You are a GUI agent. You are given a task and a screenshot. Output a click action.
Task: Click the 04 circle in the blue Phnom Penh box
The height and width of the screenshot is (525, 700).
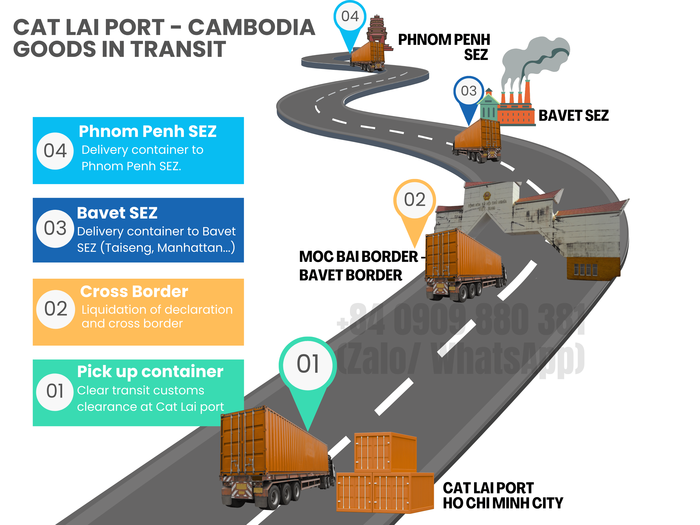point(55,151)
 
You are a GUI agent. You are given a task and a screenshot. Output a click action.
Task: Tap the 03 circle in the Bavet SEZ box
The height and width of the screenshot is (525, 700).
point(55,228)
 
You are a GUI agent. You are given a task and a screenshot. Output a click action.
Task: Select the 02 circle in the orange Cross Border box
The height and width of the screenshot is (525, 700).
point(56,309)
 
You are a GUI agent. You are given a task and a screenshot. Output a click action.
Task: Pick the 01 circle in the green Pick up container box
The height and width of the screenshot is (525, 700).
point(55,392)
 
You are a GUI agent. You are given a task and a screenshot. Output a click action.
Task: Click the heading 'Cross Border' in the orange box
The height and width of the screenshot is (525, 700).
point(134,291)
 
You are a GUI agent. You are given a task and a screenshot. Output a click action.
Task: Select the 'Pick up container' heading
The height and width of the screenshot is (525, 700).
point(150,371)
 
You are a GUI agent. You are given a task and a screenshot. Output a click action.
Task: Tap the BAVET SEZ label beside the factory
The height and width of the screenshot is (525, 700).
point(573,115)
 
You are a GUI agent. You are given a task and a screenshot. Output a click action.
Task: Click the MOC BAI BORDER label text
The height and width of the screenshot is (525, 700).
point(359,257)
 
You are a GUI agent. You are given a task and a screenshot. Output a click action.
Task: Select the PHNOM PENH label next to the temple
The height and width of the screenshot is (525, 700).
point(444,40)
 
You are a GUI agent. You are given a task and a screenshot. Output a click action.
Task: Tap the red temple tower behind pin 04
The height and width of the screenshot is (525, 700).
point(377,28)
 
